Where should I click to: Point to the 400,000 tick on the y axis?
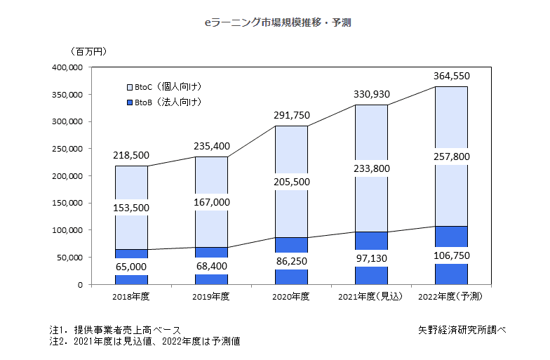click(69, 67)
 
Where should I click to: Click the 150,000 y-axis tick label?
click(69, 203)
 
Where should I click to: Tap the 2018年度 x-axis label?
click(131, 297)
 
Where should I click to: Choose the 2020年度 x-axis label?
click(290, 297)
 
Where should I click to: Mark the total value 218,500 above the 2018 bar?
click(131, 154)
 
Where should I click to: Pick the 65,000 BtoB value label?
click(131, 267)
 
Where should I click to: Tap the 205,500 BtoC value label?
click(290, 182)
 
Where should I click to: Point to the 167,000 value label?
click(211, 202)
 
